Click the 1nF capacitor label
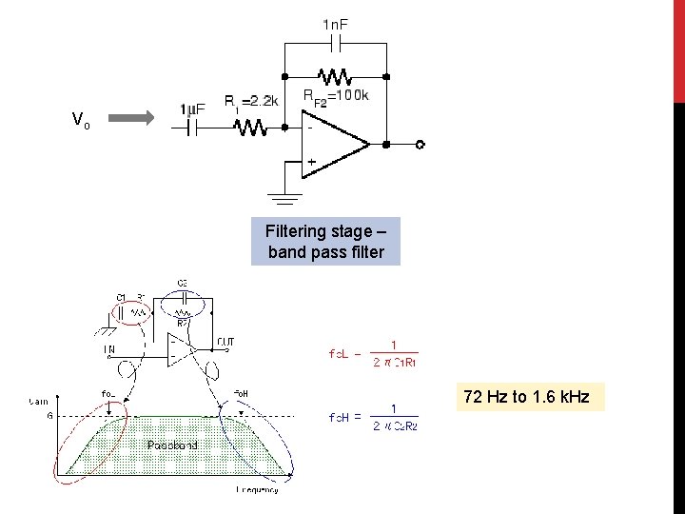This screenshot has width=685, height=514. [335, 23]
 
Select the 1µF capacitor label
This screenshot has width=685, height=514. [192, 109]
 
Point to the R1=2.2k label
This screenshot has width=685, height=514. [251, 101]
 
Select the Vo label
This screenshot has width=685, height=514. [82, 120]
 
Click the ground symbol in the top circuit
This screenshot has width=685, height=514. [282, 199]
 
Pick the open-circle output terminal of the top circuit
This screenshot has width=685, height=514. [420, 145]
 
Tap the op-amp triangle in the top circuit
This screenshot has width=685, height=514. [333, 145]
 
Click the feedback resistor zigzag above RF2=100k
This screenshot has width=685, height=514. [334, 75]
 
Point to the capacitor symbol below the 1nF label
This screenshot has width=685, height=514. [335, 44]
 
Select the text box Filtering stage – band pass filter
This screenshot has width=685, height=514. [325, 242]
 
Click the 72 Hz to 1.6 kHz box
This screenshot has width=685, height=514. [532, 396]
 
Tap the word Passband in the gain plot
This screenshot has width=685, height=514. [172, 445]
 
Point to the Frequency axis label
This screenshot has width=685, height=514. [257, 489]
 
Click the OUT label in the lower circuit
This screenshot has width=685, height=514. [225, 341]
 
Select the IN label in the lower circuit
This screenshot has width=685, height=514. [109, 351]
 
